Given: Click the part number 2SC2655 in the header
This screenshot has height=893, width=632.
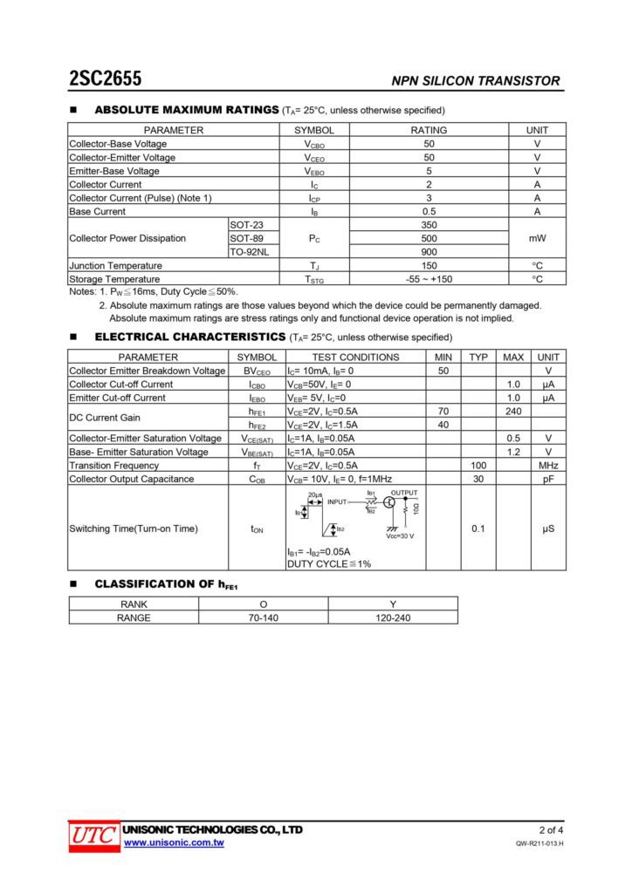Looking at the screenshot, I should (x=106, y=79).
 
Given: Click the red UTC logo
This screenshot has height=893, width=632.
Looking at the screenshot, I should (x=93, y=835).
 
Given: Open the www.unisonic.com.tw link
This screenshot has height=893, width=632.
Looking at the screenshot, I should (x=174, y=842).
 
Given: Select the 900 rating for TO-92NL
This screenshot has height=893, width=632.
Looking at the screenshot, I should (x=429, y=252).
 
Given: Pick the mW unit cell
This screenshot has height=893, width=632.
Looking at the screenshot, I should (x=537, y=238).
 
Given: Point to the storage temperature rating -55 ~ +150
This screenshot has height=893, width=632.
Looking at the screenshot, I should (x=429, y=279).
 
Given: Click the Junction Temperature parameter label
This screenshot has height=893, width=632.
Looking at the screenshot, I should (x=116, y=265).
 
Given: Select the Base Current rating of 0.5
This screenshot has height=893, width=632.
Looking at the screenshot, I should (x=429, y=211).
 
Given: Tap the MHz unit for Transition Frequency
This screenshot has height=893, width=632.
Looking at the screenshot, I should (x=548, y=466).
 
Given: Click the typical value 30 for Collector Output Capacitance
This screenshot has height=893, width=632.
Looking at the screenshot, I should (x=478, y=479).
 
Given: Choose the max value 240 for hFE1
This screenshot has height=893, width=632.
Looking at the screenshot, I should (x=513, y=411).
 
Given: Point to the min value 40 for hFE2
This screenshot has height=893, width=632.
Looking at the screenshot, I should (x=443, y=425).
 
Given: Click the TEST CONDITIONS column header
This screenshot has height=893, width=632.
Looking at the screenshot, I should (x=355, y=357).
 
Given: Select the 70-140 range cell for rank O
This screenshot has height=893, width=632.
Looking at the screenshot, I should (x=263, y=617).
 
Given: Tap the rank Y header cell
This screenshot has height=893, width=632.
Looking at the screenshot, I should (x=392, y=603).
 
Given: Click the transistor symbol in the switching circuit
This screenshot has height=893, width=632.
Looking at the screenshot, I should (x=389, y=503).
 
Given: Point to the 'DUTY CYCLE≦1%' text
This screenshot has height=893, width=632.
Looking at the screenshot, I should (x=328, y=564).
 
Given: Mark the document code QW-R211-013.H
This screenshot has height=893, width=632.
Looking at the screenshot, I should (x=539, y=844).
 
